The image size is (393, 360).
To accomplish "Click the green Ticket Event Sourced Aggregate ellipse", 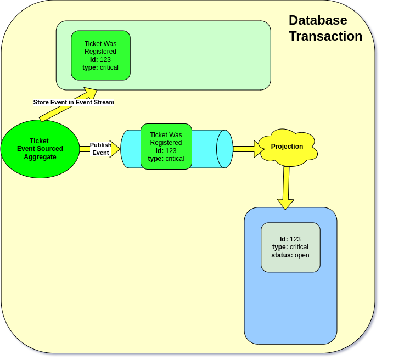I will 40,149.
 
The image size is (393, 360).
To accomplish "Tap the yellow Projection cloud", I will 287,147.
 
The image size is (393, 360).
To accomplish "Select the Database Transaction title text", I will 325,28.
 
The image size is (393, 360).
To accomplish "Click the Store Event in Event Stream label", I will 74,102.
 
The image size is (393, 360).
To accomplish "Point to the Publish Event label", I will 100,149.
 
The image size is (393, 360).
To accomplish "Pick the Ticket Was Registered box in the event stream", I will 100,55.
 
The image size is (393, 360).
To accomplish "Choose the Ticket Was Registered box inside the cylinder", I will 166,147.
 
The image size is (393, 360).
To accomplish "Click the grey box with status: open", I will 290,247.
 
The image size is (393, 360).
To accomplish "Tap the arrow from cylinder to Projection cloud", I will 248,149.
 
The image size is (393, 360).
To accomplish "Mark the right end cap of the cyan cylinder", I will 224,149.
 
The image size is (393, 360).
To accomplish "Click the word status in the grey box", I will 282,255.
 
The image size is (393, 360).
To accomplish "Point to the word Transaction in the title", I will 325,36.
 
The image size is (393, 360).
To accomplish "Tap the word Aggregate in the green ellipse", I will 40,157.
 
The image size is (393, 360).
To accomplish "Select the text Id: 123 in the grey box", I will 290,239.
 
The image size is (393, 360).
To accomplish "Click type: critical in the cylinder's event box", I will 166,159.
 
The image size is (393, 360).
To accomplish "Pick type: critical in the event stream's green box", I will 100,67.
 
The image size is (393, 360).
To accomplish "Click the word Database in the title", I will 318,20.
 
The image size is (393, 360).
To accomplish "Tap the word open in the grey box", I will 302,255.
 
